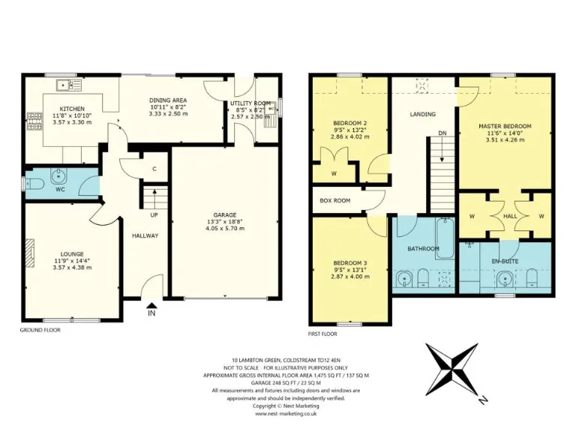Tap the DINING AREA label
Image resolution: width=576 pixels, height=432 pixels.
click(167, 100)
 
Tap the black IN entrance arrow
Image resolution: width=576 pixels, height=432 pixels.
click(151, 304)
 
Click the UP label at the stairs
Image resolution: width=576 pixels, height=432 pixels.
click(153, 215)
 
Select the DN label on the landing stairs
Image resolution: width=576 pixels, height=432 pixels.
click(442, 134)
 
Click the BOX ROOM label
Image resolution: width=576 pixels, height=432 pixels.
click(335, 200)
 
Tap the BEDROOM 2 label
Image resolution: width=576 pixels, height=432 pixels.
click(349, 123)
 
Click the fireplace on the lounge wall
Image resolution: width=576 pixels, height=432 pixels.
click(29, 253)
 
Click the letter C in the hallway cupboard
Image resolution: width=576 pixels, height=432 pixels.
click(154, 169)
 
